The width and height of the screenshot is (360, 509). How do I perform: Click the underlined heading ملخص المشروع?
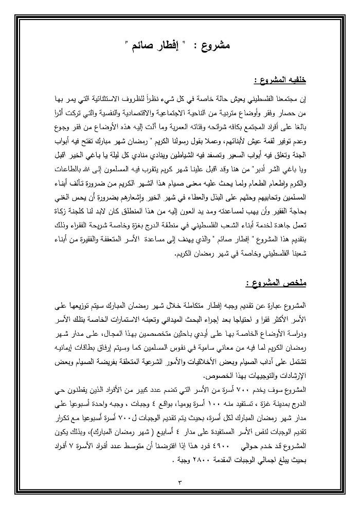[x=276, y=283]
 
